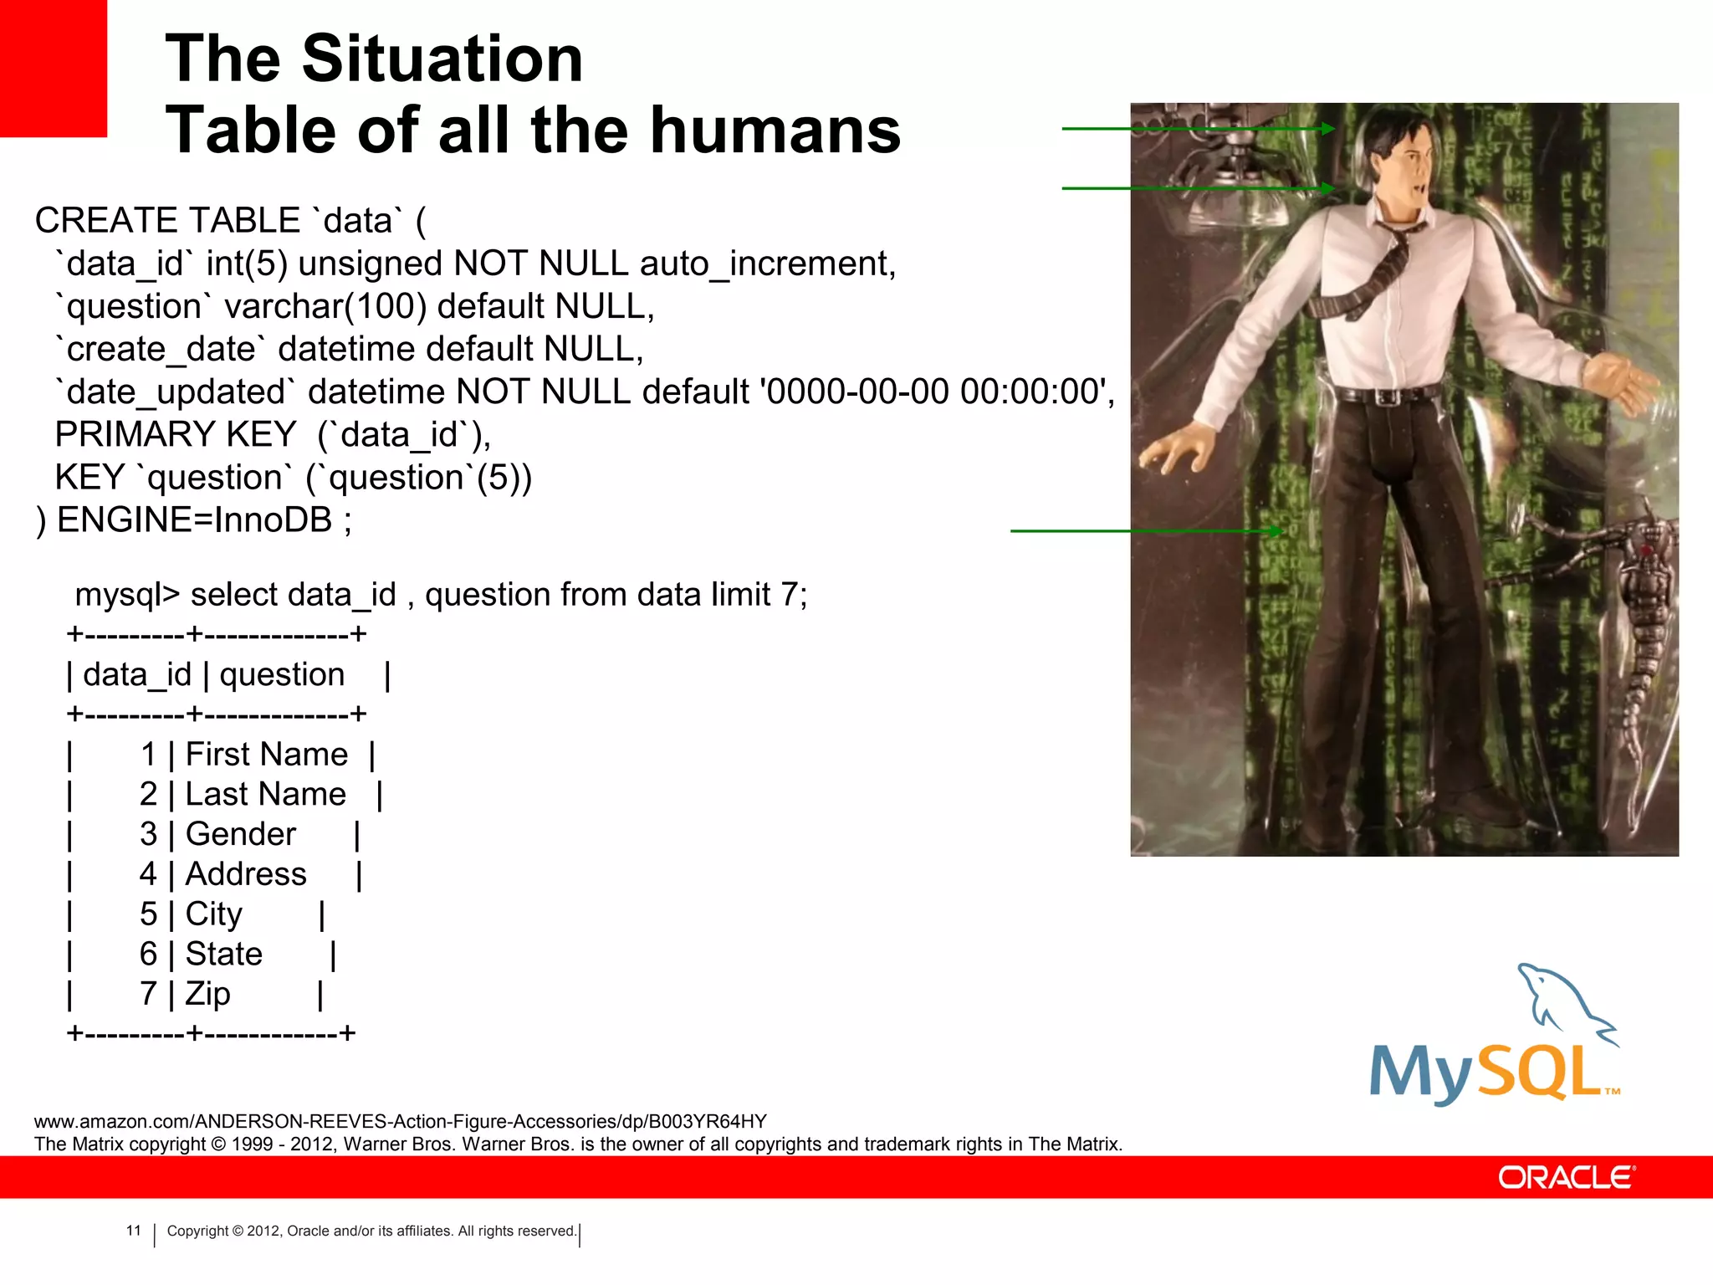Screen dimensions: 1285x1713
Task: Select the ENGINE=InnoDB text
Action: click(x=194, y=520)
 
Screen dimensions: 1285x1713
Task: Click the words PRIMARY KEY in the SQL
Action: click(x=175, y=435)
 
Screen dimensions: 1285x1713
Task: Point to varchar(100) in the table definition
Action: click(x=325, y=307)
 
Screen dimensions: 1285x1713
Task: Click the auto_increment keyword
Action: click(x=767, y=264)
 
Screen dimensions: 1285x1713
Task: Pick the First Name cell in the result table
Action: click(x=266, y=755)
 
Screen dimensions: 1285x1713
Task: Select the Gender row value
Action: click(x=240, y=834)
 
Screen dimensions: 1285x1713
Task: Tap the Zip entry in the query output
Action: click(x=207, y=994)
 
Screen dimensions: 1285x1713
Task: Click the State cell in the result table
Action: click(x=223, y=954)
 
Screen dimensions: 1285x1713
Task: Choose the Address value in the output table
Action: click(x=246, y=874)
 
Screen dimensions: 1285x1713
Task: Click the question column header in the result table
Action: click(x=282, y=674)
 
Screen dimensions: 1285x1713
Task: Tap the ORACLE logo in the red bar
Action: click(x=1566, y=1178)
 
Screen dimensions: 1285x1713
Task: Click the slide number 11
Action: click(x=134, y=1231)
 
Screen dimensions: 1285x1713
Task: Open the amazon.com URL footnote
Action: click(x=400, y=1121)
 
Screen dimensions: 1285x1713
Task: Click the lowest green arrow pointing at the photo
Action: click(x=1146, y=530)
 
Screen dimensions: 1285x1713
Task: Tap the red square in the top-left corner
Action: click(x=53, y=67)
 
